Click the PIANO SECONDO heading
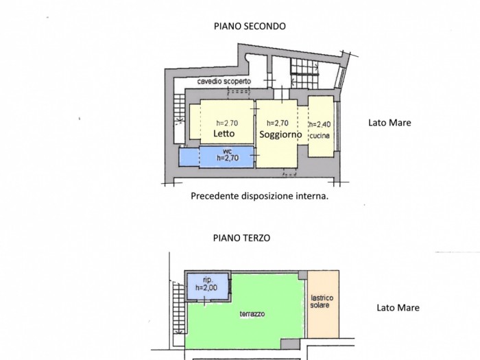[250, 26]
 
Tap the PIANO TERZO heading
[241, 238]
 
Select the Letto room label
[224, 134]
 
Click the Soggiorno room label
[280, 134]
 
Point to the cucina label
[320, 136]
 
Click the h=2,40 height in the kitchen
[320, 124]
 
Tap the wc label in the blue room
[228, 152]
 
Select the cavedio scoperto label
[224, 82]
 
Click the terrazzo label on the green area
[252, 314]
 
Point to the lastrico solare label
[322, 302]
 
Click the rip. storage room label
[208, 280]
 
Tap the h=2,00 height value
[206, 287]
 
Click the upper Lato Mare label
[389, 123]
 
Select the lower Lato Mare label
[398, 308]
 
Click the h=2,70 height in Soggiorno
[277, 123]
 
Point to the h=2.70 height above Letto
[227, 123]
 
